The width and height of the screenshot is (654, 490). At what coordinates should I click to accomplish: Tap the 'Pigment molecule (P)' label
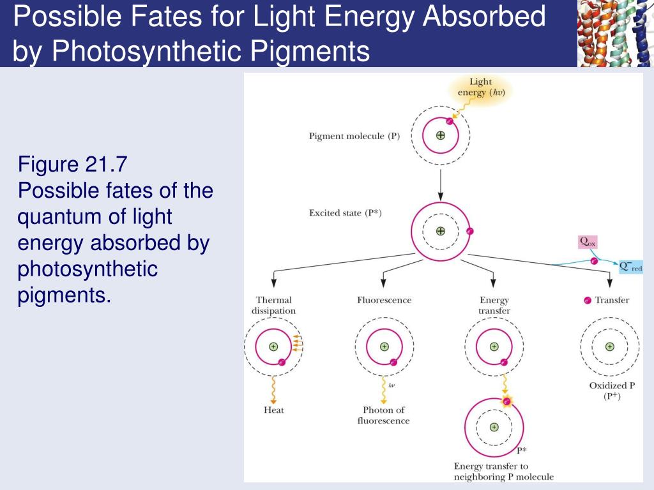tap(354, 136)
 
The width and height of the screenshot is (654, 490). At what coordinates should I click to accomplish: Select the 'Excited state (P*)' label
tap(346, 213)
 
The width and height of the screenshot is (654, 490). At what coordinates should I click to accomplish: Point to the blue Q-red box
tap(631, 266)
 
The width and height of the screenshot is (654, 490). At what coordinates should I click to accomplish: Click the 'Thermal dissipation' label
tap(273, 305)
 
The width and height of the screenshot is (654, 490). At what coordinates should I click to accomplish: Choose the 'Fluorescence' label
tap(384, 300)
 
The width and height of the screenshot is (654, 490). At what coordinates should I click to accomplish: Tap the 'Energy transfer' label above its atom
tap(494, 305)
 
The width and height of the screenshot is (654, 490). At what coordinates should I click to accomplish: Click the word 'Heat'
tap(273, 410)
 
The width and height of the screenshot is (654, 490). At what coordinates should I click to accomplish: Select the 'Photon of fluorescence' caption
tap(383, 415)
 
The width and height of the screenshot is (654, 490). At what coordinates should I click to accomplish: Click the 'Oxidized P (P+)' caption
tap(609, 390)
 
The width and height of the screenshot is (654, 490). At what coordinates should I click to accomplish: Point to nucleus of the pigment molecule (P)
tap(440, 135)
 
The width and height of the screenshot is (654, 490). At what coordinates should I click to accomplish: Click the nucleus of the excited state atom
tap(440, 231)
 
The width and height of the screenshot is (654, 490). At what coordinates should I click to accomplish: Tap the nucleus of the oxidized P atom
tap(609, 346)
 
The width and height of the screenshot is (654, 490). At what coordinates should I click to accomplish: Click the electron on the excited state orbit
tap(469, 232)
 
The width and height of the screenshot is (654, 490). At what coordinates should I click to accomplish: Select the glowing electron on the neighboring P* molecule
tap(507, 401)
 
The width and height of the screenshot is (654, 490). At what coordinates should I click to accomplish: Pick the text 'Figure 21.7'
tap(73, 165)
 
